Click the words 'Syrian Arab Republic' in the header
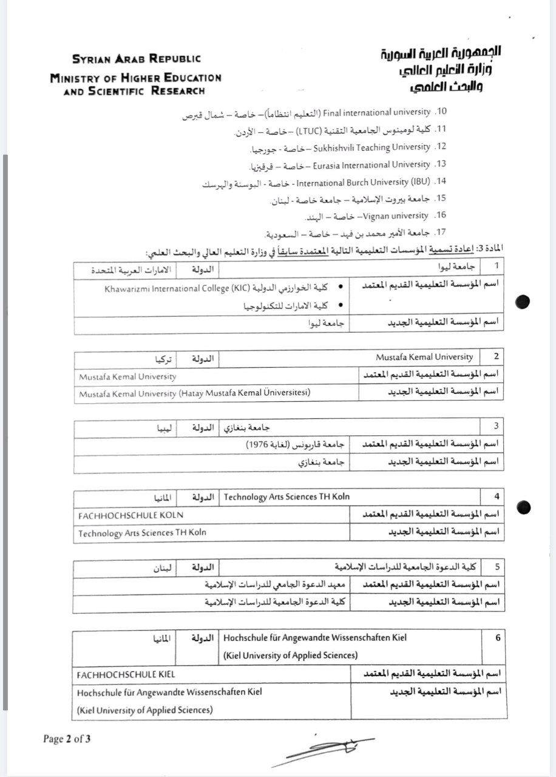[136, 59]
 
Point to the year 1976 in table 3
[259, 445]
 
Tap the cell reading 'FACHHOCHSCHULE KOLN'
[131, 515]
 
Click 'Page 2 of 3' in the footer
[67, 739]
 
